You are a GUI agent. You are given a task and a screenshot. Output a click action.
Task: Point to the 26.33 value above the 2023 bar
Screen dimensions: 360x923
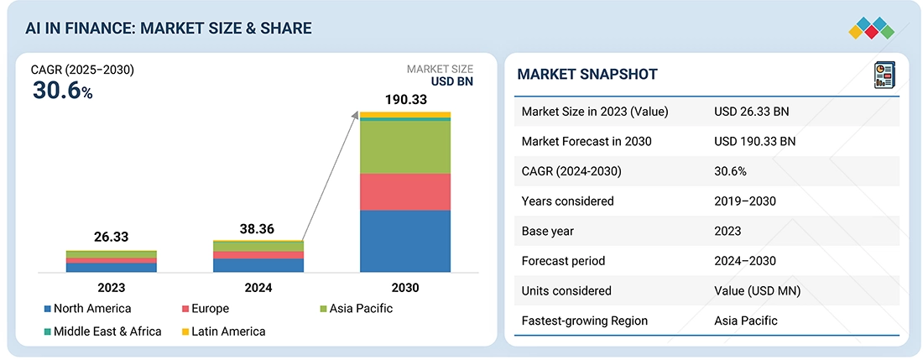[111, 237]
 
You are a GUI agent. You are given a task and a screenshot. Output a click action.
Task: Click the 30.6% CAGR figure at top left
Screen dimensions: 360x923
[62, 91]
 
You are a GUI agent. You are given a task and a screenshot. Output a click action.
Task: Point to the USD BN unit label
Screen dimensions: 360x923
[452, 82]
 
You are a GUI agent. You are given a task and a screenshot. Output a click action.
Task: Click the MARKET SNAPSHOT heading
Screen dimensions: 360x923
[587, 75]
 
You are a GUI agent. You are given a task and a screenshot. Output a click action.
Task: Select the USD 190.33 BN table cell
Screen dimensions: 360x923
[754, 141]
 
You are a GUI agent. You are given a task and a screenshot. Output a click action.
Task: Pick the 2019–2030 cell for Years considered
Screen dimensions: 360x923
[745, 201]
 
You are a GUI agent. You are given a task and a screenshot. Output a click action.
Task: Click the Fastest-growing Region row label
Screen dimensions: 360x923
[584, 321]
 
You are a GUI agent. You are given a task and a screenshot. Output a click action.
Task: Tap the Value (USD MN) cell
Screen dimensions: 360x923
[757, 290]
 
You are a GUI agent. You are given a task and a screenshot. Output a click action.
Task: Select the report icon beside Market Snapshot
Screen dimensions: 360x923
[884, 75]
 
